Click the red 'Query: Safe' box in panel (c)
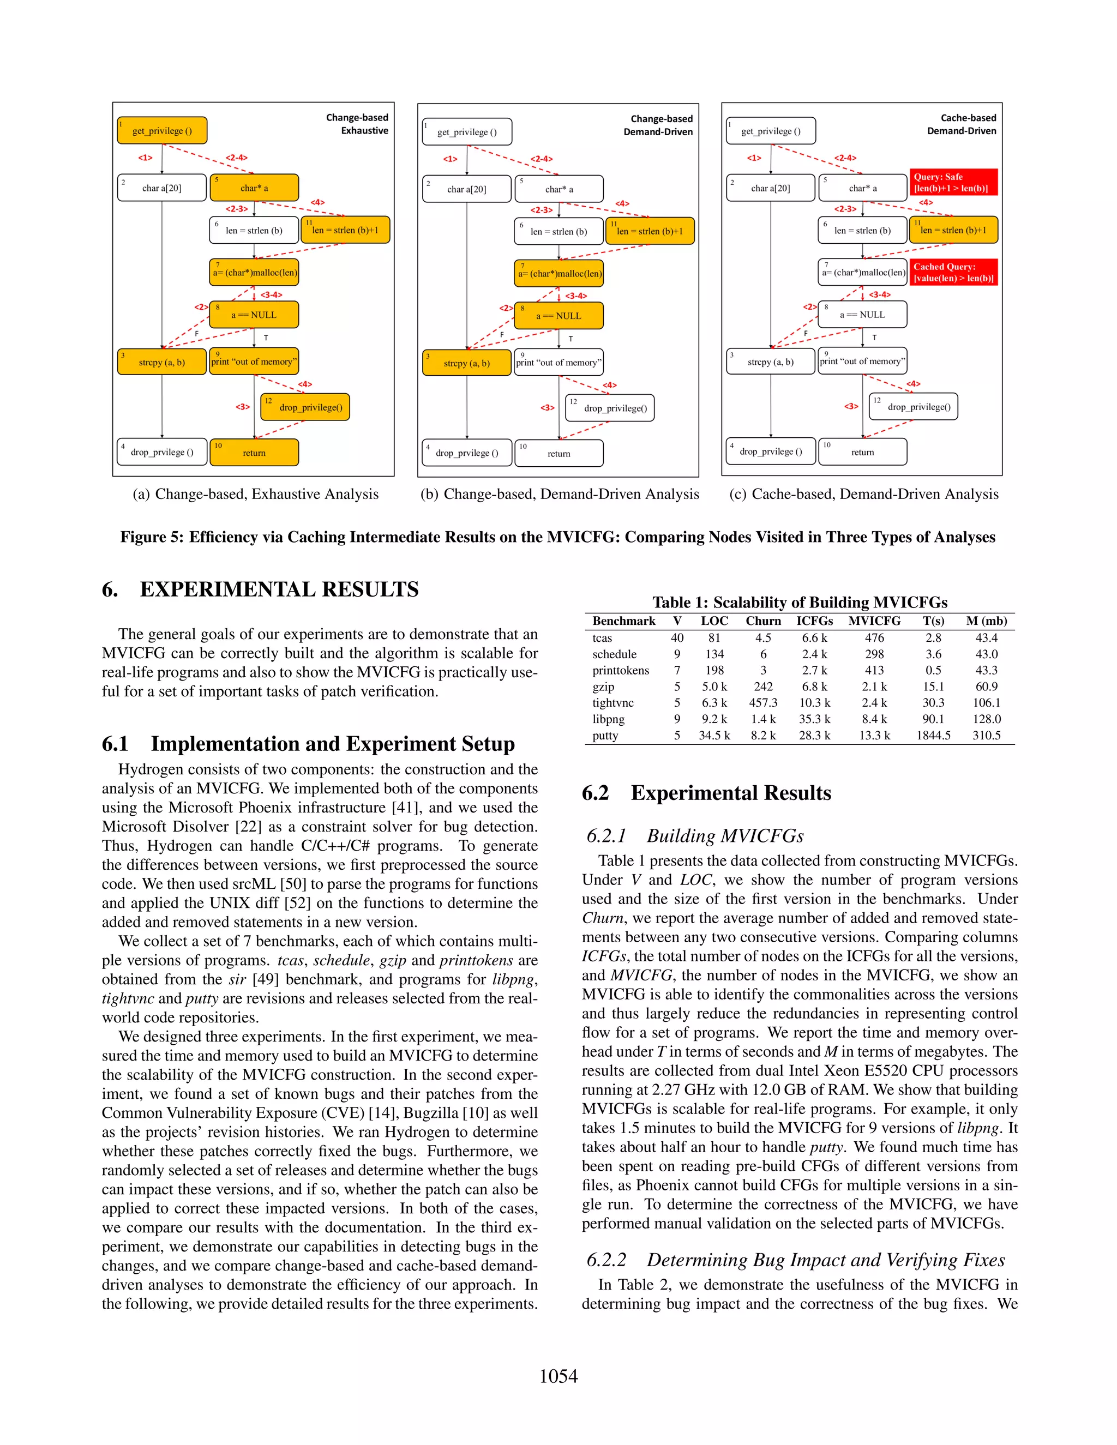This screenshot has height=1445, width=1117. click(x=952, y=182)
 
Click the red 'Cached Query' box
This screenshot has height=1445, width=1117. click(x=952, y=272)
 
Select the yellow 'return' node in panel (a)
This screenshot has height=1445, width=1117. click(x=254, y=453)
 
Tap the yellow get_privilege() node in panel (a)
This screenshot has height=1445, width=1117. click(x=162, y=130)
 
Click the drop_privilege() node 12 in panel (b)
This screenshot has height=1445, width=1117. click(x=609, y=407)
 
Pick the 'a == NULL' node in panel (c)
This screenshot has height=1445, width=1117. click(x=862, y=314)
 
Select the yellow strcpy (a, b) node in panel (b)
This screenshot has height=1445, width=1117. click(x=466, y=363)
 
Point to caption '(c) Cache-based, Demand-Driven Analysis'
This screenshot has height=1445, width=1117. click(x=863, y=493)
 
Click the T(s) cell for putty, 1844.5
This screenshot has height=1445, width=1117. click(x=933, y=735)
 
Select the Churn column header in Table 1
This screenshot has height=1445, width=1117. click(x=763, y=621)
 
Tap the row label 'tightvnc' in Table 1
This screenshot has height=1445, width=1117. click(x=612, y=703)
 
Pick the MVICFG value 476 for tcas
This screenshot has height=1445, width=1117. click(x=874, y=638)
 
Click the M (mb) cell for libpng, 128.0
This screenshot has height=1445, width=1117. click(x=986, y=719)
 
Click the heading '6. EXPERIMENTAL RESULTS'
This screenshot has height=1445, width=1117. click(x=261, y=589)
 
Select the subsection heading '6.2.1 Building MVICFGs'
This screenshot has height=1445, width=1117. click(x=695, y=835)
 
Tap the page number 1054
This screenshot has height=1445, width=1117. click(x=558, y=1376)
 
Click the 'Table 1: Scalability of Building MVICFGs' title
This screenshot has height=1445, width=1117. click(x=800, y=602)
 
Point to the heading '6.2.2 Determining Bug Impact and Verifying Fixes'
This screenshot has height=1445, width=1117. click(x=795, y=1260)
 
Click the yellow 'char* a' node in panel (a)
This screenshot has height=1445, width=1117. click(x=254, y=188)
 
